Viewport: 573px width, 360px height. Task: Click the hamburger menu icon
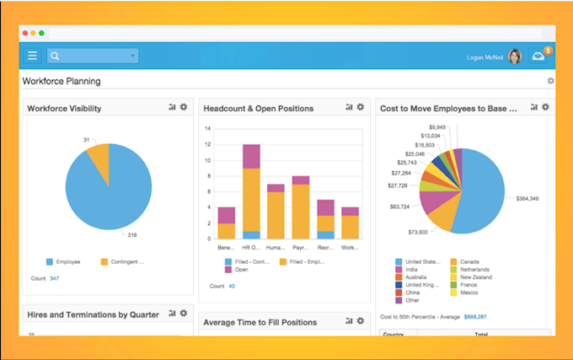coord(32,56)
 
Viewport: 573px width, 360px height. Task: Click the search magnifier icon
coord(55,56)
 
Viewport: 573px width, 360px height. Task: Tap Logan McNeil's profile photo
coord(515,56)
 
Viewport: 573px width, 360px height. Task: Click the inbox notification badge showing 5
coord(548,51)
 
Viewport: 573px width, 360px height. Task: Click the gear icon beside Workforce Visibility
coord(184,108)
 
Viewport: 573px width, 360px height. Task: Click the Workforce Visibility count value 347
coord(55,277)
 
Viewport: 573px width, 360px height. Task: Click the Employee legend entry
coord(65,261)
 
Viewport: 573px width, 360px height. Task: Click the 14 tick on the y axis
coord(208,129)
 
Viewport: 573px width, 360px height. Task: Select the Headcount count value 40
coord(232,287)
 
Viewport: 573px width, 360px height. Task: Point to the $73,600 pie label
coord(418,232)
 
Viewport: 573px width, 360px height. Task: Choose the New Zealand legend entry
coord(476,277)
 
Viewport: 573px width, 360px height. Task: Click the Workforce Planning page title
coord(62,82)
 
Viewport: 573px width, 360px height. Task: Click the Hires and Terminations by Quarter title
coord(93,314)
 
